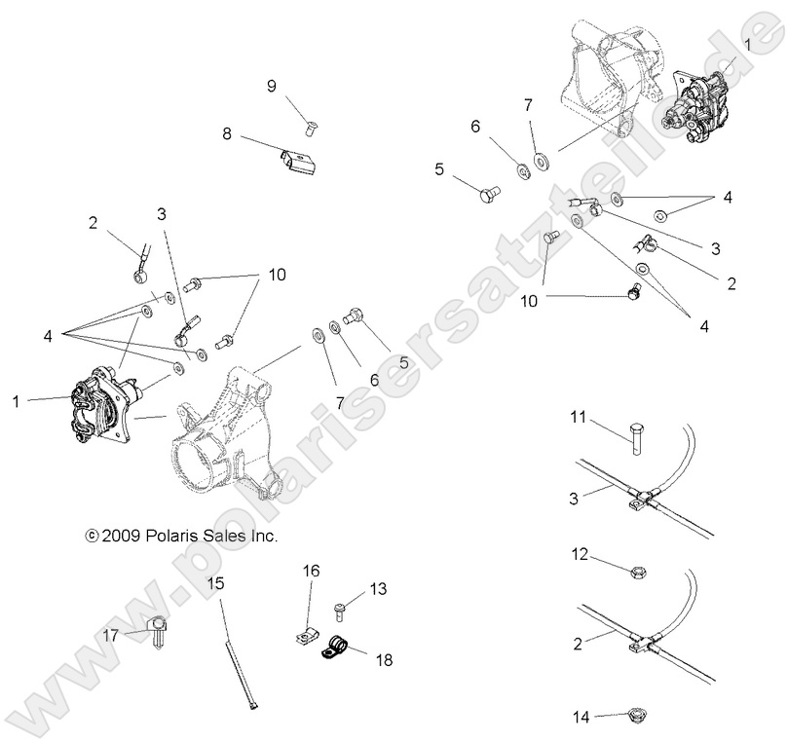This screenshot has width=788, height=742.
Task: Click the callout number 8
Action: click(227, 134)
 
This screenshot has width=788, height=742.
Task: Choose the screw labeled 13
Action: click(340, 610)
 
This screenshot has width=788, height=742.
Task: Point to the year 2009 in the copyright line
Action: click(122, 535)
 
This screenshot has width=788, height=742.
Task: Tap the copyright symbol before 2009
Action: click(92, 535)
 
